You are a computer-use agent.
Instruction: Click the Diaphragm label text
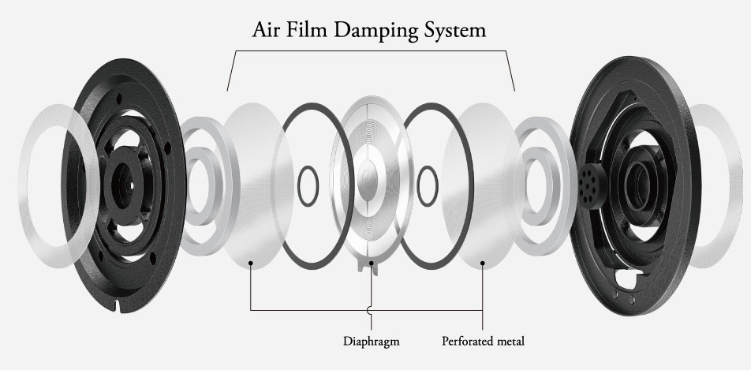[x=372, y=342]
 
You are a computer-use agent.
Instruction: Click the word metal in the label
[x=510, y=342]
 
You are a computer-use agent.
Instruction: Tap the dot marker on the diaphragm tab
[x=372, y=263]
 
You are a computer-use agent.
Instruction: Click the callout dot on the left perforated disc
[x=250, y=263]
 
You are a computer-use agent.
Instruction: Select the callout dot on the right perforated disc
[x=482, y=263]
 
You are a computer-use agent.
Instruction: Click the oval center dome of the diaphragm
[x=368, y=181]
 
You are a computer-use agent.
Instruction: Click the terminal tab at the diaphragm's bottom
[x=372, y=267]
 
